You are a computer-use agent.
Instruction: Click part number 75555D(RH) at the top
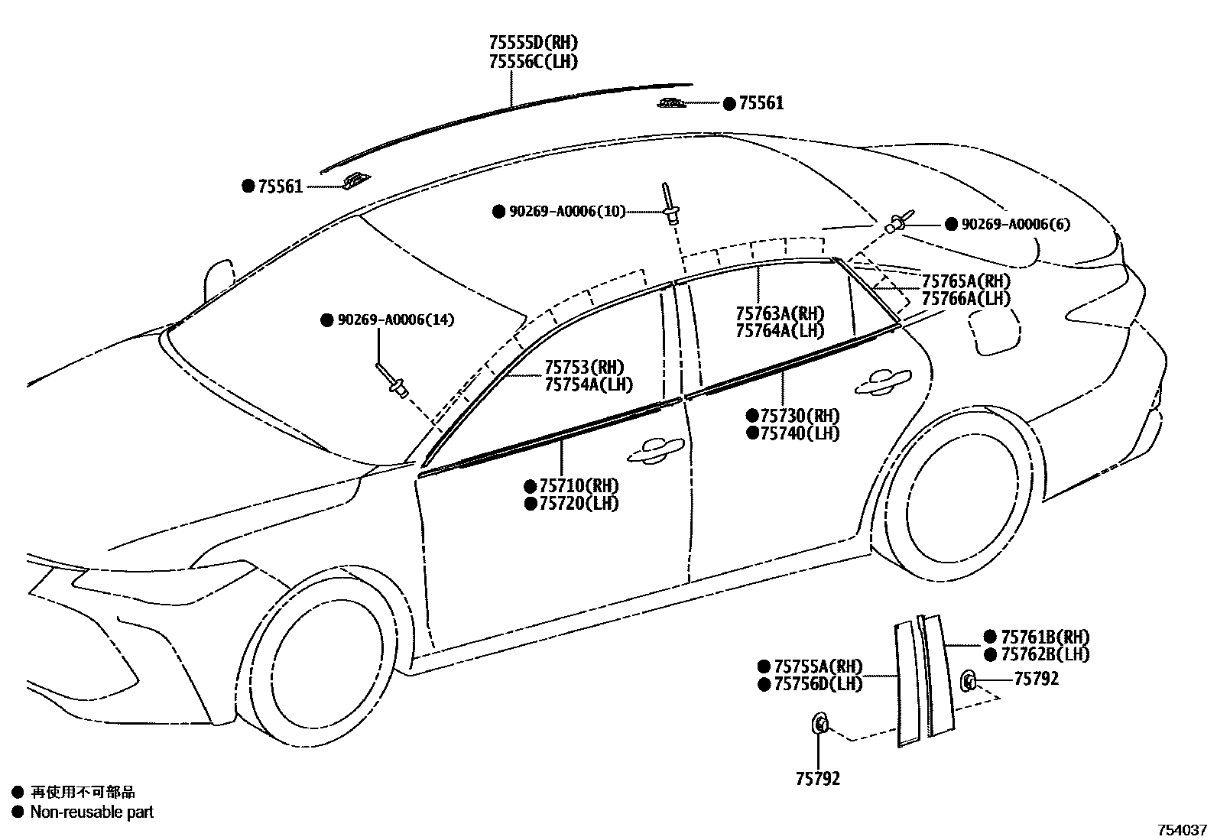[x=533, y=43]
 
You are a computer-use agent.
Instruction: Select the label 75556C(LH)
[x=533, y=62]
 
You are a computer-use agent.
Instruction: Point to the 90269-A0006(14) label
[x=395, y=319]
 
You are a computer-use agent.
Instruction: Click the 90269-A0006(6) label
[x=1015, y=224]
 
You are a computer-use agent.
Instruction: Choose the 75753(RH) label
[x=584, y=367]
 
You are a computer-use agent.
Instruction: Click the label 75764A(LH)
[x=780, y=330]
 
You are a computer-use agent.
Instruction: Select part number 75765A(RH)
[x=965, y=281]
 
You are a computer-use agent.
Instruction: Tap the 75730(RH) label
[x=800, y=416]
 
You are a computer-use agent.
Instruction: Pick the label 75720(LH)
[x=579, y=503]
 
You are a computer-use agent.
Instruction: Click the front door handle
[x=654, y=450]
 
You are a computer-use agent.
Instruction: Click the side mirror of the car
[x=219, y=280]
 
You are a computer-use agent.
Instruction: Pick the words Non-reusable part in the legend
[x=92, y=812]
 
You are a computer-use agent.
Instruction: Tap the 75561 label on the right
[x=761, y=103]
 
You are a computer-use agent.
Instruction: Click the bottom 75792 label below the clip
[x=817, y=778]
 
